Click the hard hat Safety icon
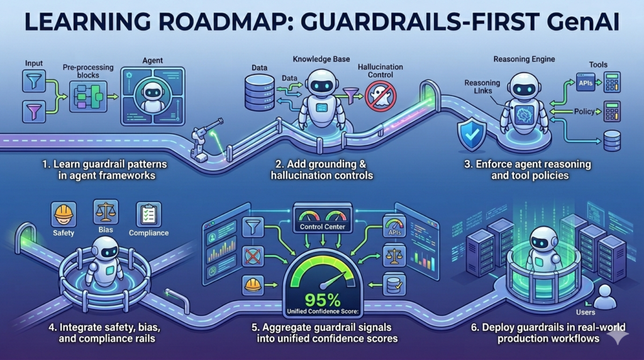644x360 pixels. pos(64,214)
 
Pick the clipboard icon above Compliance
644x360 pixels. pos(148,214)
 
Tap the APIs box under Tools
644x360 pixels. pos(584,82)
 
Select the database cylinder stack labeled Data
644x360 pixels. pos(259,92)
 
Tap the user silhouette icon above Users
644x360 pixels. pos(605,296)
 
